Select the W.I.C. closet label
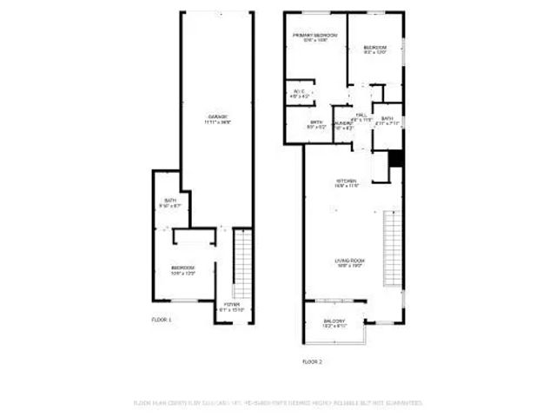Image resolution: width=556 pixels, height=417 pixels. click(298, 93)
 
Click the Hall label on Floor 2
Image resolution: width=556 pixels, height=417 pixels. click(361, 116)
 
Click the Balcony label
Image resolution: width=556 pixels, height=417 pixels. click(335, 323)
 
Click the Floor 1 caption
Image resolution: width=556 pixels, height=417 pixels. click(162, 321)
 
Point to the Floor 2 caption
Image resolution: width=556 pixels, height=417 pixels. click(312, 361)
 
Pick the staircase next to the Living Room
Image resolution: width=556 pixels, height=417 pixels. click(393, 248)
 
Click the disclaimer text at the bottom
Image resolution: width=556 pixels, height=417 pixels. click(277, 403)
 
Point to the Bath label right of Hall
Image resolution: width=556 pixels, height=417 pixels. click(387, 121)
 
